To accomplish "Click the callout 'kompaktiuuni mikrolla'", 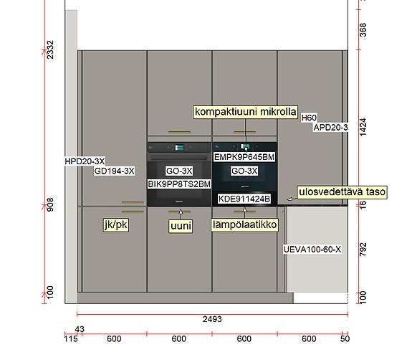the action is (x=246, y=112).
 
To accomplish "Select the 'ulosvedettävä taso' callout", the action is (x=342, y=192).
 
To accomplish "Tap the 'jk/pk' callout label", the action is (x=116, y=225).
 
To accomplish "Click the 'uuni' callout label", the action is (x=181, y=226).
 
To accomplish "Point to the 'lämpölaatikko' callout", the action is (x=244, y=225).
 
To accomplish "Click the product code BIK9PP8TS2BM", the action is (x=179, y=184).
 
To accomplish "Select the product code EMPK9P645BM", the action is (x=244, y=157).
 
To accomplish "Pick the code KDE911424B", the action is (x=244, y=199).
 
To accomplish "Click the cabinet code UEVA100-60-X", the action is (x=312, y=250).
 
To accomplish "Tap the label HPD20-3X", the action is (x=85, y=161).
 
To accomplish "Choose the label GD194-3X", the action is (x=115, y=171).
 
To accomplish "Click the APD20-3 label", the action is (x=330, y=128).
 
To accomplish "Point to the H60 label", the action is (x=309, y=118).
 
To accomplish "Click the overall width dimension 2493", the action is (x=212, y=319).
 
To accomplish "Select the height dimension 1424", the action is (x=363, y=127).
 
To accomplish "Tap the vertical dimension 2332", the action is (x=50, y=49).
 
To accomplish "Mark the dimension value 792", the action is (x=363, y=250).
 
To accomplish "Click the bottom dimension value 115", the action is (x=71, y=338).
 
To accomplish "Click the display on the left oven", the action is (x=179, y=147).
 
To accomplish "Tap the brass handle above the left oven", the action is (x=179, y=132).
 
